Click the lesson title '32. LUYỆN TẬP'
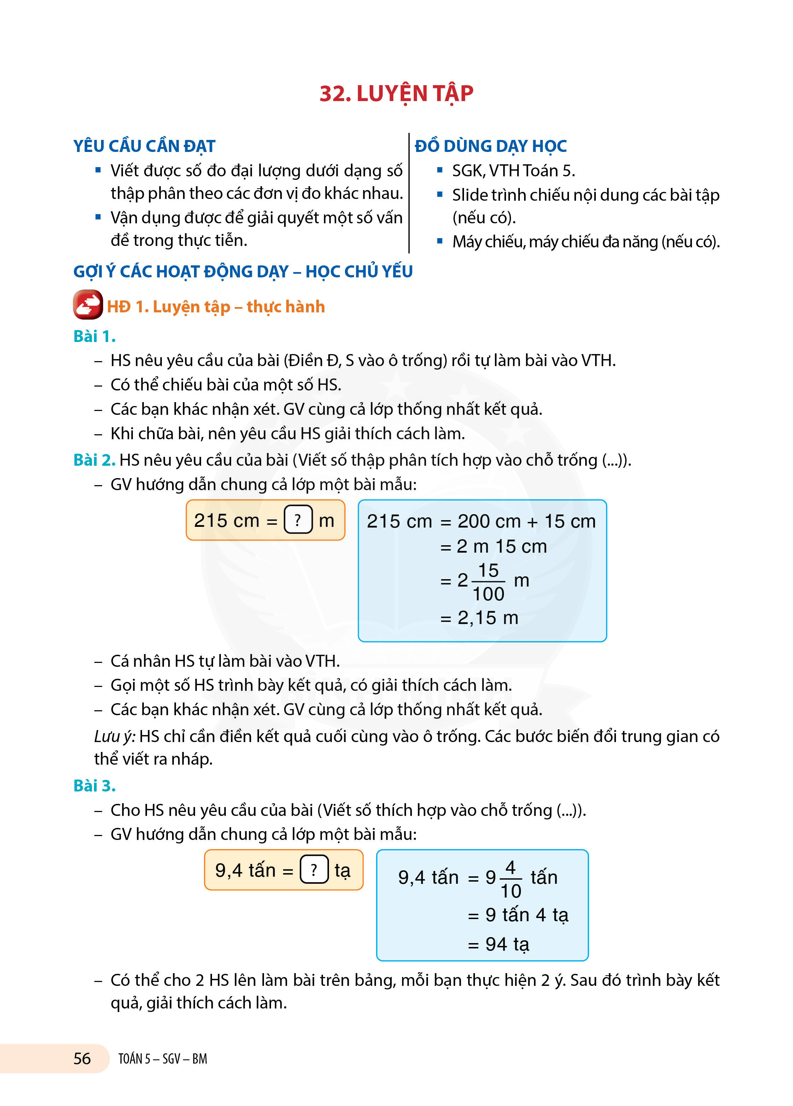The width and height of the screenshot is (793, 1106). click(x=396, y=94)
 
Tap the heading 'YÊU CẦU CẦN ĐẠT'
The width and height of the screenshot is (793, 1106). click(x=145, y=146)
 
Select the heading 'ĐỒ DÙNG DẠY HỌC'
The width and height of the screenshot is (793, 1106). click(x=491, y=146)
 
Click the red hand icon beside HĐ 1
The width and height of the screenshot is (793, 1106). click(x=88, y=305)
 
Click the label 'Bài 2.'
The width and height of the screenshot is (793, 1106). click(x=94, y=460)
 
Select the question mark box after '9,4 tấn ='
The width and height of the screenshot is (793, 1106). click(x=313, y=870)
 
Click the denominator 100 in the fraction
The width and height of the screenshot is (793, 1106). click(x=488, y=594)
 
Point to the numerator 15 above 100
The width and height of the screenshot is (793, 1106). click(x=488, y=570)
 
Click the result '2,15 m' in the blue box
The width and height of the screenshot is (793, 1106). click(x=488, y=618)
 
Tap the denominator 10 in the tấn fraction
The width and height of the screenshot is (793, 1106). click(x=511, y=891)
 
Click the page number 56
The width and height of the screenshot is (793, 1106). click(x=82, y=1058)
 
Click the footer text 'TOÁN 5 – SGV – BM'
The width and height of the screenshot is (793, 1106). click(x=163, y=1059)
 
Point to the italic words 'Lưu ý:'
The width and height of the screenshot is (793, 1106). click(x=114, y=736)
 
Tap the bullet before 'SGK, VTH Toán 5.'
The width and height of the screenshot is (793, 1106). click(x=440, y=170)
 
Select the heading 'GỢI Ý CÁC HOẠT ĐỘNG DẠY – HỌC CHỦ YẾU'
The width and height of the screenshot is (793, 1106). click(x=243, y=271)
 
